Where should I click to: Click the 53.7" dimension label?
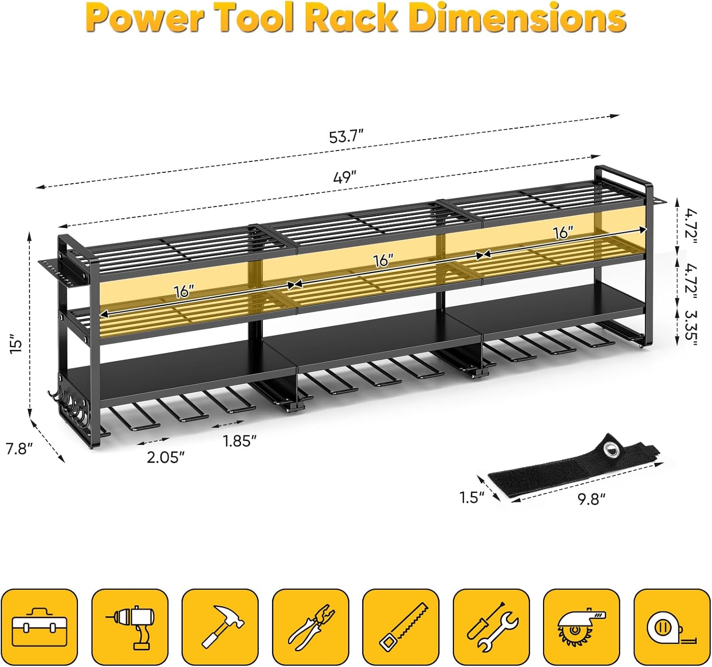pyautogui.click(x=346, y=137)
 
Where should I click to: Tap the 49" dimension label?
pyautogui.click(x=345, y=178)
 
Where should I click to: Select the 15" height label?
pyautogui.click(x=17, y=344)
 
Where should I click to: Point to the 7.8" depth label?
pyautogui.click(x=19, y=448)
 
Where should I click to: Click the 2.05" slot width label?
pyautogui.click(x=165, y=457)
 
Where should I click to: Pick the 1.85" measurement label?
pyautogui.click(x=240, y=441)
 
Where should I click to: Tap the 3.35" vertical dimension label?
pyautogui.click(x=689, y=328)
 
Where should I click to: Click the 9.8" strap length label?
pyautogui.click(x=591, y=499)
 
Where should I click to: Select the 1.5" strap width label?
pyautogui.click(x=471, y=497)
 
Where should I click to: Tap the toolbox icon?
pyautogui.click(x=39, y=627)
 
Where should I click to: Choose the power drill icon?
pyautogui.click(x=130, y=627)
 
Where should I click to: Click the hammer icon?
pyautogui.click(x=220, y=627)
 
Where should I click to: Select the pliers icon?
pyautogui.click(x=310, y=627)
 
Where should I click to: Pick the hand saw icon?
pyautogui.click(x=401, y=627)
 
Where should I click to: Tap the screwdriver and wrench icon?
pyautogui.click(x=491, y=627)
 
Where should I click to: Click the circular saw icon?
pyautogui.click(x=581, y=627)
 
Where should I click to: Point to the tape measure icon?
pyautogui.click(x=672, y=627)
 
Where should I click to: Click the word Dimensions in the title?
pyautogui.click(x=517, y=18)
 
